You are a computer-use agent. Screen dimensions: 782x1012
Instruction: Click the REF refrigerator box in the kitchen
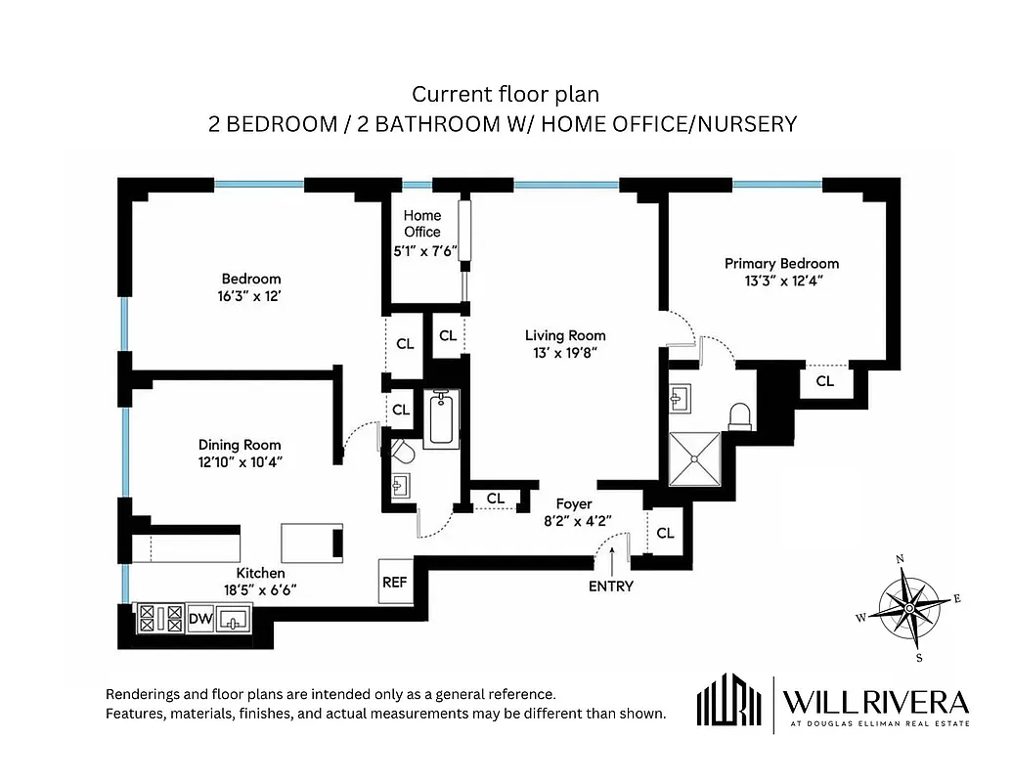(x=394, y=582)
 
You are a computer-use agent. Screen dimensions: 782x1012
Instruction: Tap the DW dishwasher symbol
(x=199, y=618)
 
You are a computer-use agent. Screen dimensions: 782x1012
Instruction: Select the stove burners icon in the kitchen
(x=161, y=618)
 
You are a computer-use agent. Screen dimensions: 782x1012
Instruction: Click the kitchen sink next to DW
(x=234, y=618)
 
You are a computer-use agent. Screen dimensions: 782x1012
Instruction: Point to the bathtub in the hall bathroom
(x=441, y=418)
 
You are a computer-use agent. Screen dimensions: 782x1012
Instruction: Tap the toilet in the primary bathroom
(x=740, y=415)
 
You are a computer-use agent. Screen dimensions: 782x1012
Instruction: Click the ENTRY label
(x=611, y=586)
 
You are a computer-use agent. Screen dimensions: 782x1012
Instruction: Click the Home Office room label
(x=422, y=224)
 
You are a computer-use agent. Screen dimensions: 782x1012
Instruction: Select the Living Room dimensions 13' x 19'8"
(x=565, y=353)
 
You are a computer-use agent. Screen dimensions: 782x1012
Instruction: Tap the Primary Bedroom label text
(x=781, y=263)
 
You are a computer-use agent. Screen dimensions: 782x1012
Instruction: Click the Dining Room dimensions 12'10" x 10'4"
(x=241, y=461)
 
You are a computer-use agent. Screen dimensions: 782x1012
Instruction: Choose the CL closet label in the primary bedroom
(x=825, y=381)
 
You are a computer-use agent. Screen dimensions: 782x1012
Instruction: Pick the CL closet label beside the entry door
(x=666, y=534)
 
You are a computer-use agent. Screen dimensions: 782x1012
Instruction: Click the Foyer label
(x=574, y=504)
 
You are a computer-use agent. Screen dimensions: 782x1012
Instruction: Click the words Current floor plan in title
(x=505, y=95)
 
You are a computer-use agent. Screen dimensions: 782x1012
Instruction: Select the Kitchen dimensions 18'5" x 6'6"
(x=259, y=589)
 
